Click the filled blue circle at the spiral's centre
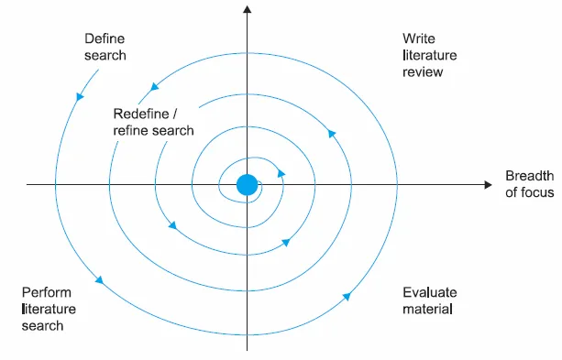247,185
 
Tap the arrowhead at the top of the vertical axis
247,10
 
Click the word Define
104,39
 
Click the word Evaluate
430,293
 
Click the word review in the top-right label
424,72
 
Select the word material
428,310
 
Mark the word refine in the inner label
130,130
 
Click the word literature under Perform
50,310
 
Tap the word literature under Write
428,56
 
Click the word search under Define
105,56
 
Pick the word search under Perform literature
42,326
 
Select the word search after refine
173,130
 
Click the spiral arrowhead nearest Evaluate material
348,295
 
